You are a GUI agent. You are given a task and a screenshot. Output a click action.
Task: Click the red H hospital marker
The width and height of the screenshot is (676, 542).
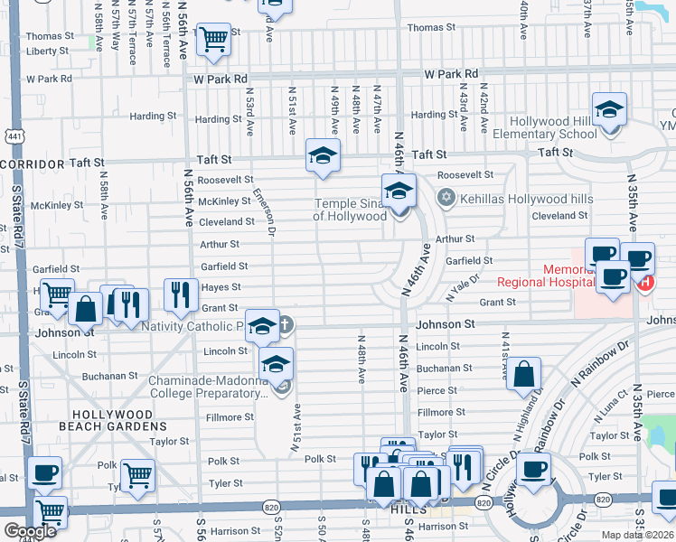tap(644, 283)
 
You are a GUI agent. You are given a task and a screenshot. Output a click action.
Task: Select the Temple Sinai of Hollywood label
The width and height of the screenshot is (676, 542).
tap(350, 210)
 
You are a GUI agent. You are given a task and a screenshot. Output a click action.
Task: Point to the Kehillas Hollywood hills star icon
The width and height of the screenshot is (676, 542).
tap(444, 197)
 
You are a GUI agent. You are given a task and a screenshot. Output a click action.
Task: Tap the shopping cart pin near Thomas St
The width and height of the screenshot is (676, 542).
tap(214, 40)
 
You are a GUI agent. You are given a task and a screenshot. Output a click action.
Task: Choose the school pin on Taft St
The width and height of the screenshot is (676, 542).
tap(323, 156)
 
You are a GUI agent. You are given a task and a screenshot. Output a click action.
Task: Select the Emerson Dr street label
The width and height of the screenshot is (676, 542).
tap(263, 211)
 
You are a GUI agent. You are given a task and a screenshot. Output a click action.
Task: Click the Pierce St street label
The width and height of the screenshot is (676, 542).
tap(437, 390)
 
